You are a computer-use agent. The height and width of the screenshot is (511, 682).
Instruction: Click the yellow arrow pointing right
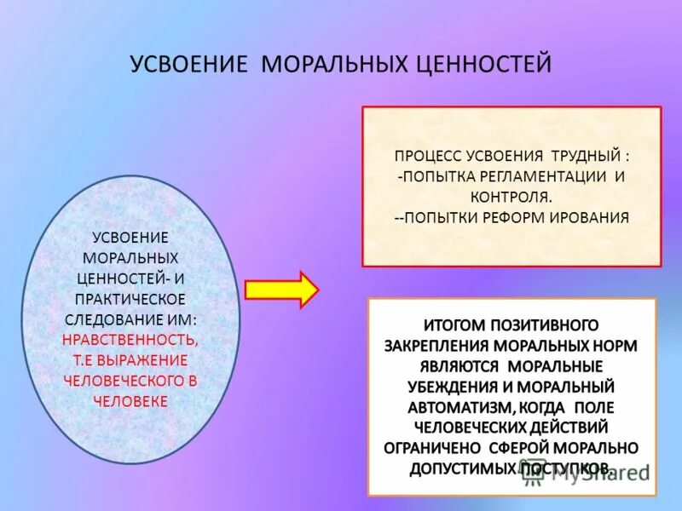(x=280, y=290)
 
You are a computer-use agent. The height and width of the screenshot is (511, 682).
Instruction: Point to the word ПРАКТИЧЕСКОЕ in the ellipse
(x=130, y=299)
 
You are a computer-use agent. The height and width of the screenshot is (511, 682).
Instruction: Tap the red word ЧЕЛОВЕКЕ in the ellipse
(x=130, y=401)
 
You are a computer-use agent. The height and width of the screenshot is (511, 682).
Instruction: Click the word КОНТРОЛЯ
(x=511, y=197)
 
